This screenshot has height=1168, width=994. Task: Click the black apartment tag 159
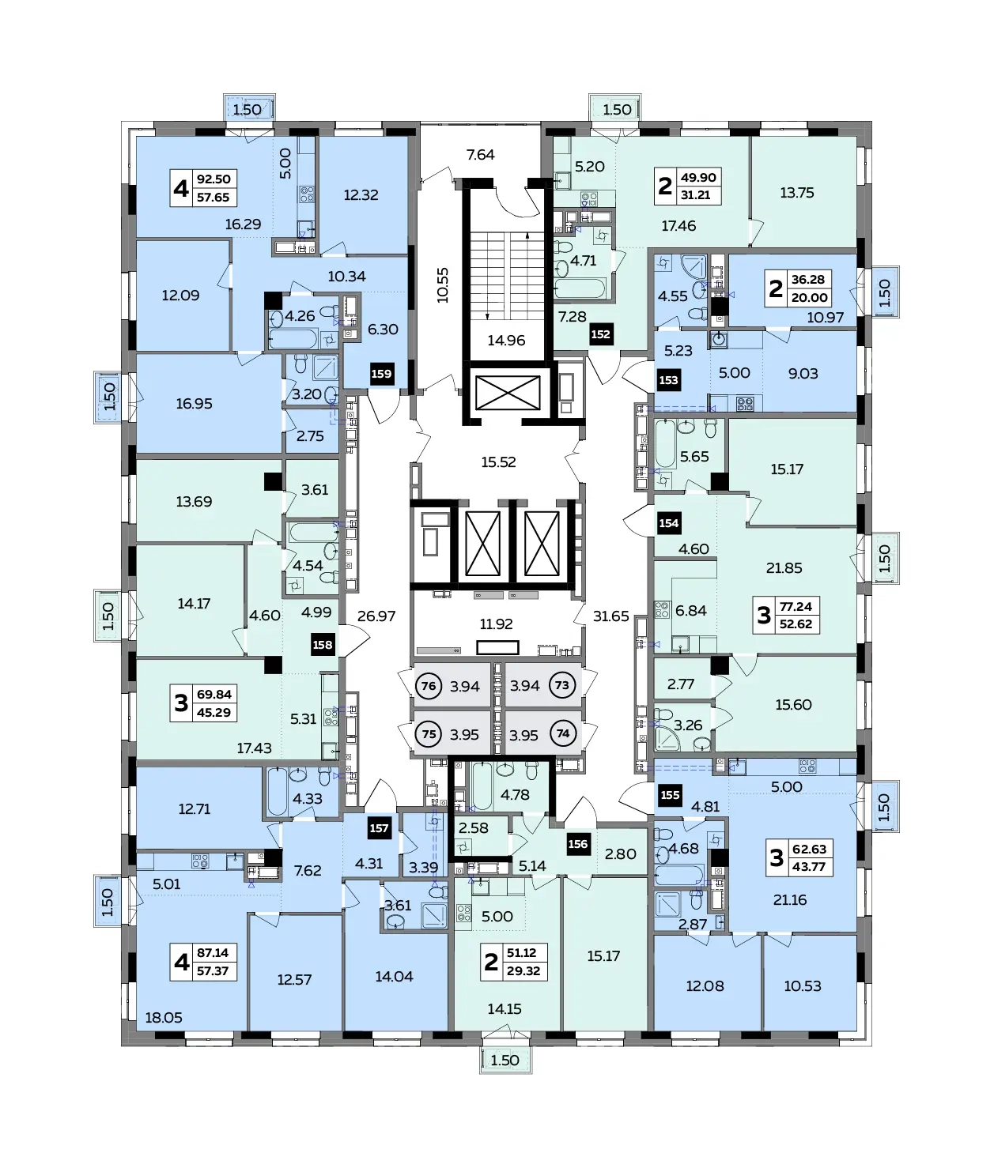(382, 374)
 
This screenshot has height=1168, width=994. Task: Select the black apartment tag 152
(600, 334)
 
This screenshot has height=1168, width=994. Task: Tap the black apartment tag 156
(578, 844)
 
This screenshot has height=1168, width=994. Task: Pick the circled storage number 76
(429, 686)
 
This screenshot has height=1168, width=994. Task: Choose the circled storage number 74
(562, 733)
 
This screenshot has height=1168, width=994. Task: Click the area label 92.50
(214, 179)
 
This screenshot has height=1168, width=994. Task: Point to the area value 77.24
(796, 607)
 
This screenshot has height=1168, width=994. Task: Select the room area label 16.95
(194, 404)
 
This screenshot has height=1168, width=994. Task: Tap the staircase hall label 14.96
(507, 340)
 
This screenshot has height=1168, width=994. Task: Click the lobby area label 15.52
(499, 462)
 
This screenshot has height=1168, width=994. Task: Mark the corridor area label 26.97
(376, 616)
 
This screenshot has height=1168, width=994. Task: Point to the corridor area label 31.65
(610, 616)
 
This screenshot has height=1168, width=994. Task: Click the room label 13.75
(797, 193)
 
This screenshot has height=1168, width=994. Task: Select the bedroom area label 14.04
(394, 977)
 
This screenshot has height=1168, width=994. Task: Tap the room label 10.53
(803, 985)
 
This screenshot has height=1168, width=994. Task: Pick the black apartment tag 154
(669, 523)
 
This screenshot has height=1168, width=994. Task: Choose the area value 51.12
(521, 953)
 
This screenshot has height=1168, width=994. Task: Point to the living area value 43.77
(809, 867)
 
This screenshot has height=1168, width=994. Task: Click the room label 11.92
(497, 624)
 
